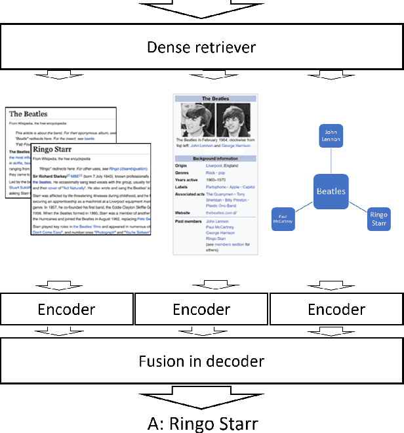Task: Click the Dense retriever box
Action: [x=201, y=47]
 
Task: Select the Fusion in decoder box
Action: [x=201, y=361]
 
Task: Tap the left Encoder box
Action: [x=67, y=310]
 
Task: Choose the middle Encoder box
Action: [x=201, y=310]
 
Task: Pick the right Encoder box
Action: [x=336, y=310]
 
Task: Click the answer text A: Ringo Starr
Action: [x=201, y=423]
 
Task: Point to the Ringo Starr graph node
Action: [x=378, y=218]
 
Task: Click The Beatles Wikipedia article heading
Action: [x=28, y=114]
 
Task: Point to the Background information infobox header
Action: [x=214, y=159]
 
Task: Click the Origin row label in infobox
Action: [x=182, y=165]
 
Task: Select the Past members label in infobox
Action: [x=188, y=222]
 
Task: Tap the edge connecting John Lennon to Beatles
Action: [x=332, y=161]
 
